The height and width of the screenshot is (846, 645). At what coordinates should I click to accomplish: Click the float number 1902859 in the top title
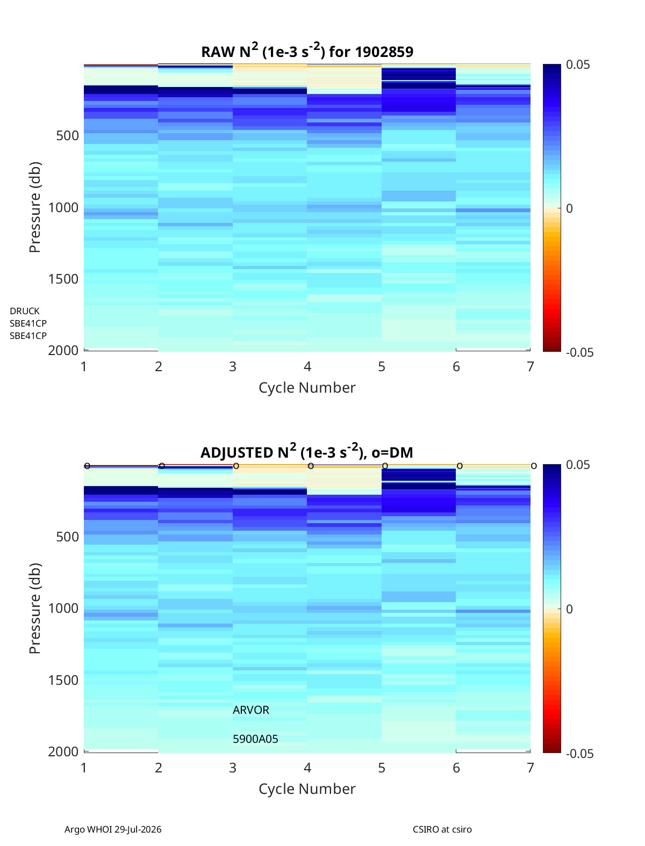[384, 52]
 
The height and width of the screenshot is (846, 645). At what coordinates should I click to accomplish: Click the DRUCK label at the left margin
[25, 311]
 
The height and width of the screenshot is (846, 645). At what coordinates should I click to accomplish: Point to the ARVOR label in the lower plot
[250, 710]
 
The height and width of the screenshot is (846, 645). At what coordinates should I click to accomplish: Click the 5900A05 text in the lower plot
[255, 739]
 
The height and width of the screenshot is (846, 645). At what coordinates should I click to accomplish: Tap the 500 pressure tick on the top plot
[68, 136]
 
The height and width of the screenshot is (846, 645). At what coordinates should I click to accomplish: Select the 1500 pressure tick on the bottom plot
[63, 680]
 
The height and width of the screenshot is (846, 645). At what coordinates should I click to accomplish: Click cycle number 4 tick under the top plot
[307, 366]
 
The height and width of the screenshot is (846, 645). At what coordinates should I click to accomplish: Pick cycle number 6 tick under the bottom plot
[456, 768]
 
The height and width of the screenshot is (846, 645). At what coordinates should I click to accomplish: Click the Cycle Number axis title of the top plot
[307, 388]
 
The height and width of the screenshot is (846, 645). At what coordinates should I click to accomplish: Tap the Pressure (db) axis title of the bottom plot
[35, 608]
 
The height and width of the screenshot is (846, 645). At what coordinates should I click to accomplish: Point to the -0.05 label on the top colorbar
[580, 352]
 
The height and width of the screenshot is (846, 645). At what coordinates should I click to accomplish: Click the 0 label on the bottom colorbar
[569, 609]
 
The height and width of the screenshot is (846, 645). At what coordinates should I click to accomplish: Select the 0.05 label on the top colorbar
[578, 64]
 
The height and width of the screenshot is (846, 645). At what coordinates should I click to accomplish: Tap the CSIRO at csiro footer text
[442, 829]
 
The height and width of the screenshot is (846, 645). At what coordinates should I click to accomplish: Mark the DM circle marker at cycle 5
[385, 466]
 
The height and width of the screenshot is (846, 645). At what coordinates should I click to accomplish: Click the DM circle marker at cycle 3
[236, 466]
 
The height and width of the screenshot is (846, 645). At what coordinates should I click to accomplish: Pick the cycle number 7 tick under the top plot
[531, 366]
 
